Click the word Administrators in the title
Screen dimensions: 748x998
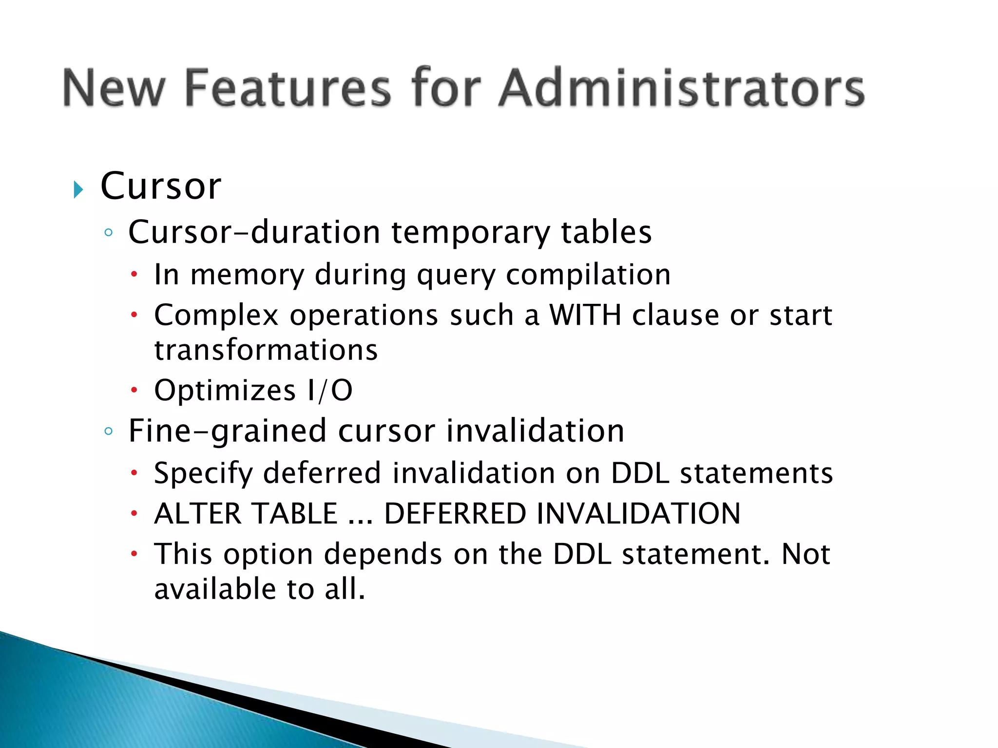click(681, 88)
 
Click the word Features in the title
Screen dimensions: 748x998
click(288, 88)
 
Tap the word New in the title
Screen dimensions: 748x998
click(114, 88)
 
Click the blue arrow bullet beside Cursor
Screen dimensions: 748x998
click(78, 189)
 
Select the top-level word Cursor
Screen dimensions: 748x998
click(161, 186)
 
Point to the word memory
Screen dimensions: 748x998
click(247, 275)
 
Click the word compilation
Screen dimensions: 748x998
click(588, 275)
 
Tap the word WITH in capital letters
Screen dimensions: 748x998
click(585, 315)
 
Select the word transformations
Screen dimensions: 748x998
click(266, 350)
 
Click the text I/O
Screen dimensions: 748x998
click(330, 390)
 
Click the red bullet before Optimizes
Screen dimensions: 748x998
click(134, 390)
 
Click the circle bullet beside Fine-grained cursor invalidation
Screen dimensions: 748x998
click(109, 431)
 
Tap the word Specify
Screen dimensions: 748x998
click(203, 473)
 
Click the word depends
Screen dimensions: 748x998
click(383, 554)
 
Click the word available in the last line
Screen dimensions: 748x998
click(215, 589)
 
